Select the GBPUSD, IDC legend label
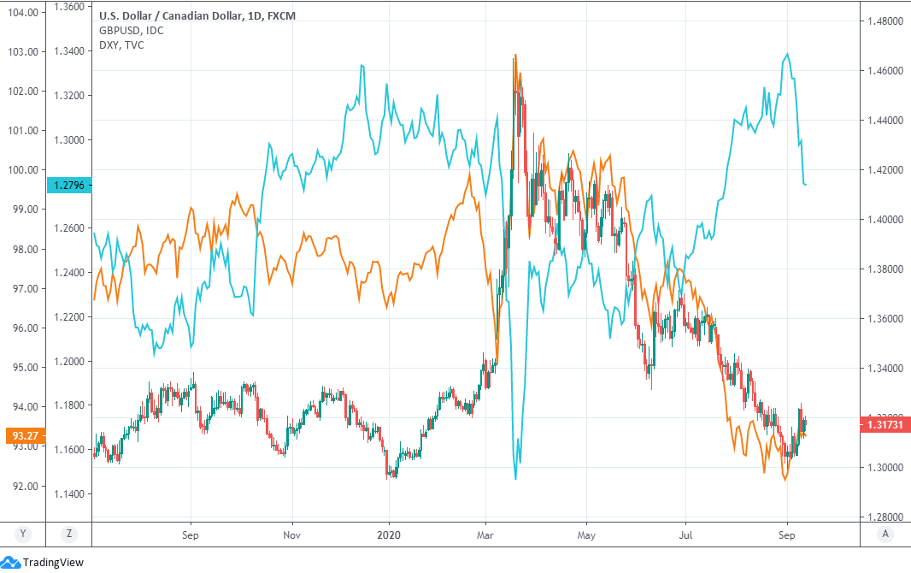132,31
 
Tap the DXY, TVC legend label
122,44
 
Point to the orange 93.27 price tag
23,435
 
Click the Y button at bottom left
24,534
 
